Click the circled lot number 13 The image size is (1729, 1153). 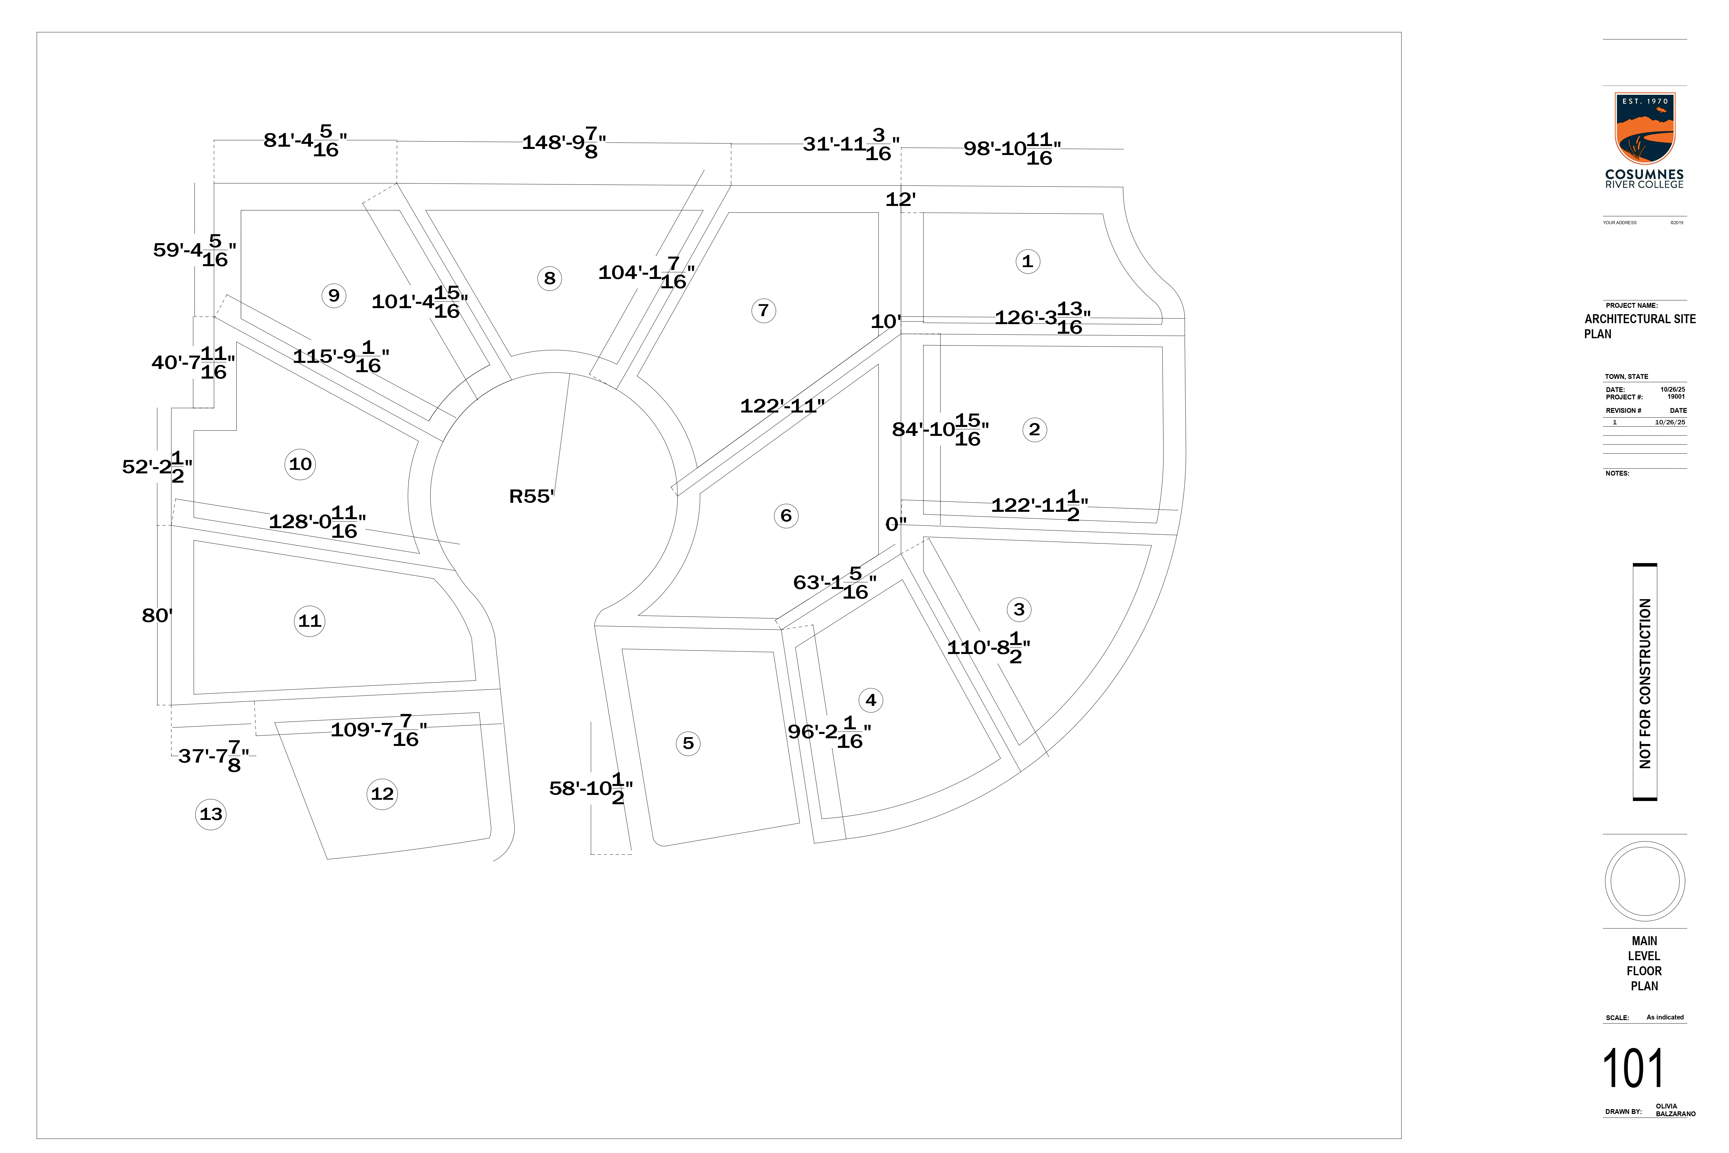coord(211,814)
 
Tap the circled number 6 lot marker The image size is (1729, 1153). coord(786,515)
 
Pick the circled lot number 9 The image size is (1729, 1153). coord(334,296)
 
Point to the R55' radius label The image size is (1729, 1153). coord(532,496)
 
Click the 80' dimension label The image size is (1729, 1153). coord(157,616)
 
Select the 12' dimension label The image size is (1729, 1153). coord(900,199)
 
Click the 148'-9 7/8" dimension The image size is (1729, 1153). coord(564,143)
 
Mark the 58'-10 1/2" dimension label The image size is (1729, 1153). coord(590,788)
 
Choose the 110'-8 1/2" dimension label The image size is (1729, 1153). coord(988,648)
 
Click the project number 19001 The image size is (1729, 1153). coord(1676,397)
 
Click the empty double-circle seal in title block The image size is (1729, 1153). coord(1644,881)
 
